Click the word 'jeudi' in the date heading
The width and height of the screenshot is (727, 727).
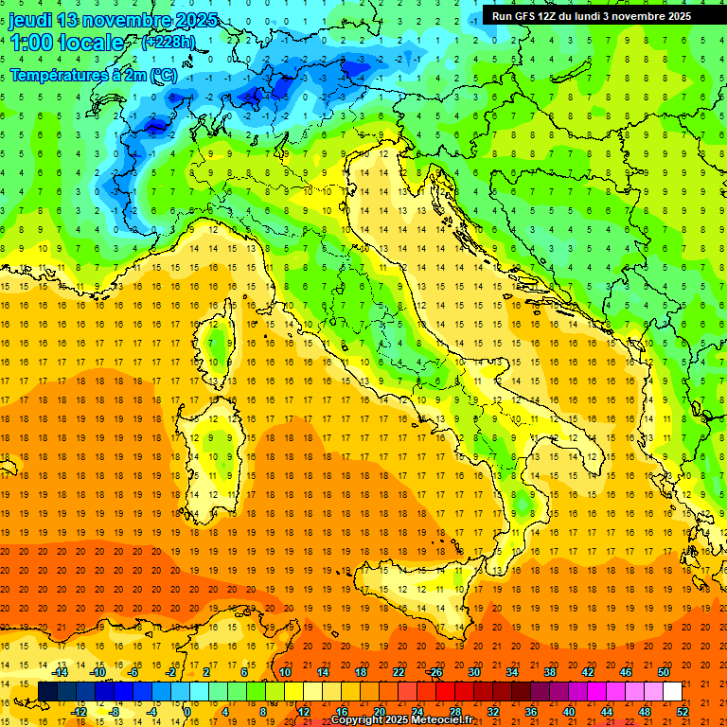click(30, 20)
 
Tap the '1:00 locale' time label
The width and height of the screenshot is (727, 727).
click(66, 43)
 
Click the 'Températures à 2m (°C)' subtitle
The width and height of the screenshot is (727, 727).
click(93, 74)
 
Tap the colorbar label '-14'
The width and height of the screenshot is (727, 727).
click(62, 672)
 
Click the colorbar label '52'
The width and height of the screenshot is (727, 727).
click(683, 712)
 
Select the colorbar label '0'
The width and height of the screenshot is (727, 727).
click(186, 712)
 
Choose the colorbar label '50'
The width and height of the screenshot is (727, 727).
click(663, 672)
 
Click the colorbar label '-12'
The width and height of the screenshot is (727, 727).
click(80, 712)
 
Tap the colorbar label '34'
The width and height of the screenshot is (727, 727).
click(512, 672)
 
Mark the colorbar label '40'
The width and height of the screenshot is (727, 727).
click(569, 712)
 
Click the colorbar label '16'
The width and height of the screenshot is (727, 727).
click(341, 712)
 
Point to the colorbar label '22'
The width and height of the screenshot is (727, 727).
click(398, 672)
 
